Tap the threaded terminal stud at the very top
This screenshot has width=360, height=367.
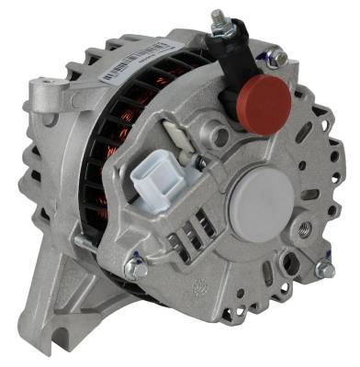219,17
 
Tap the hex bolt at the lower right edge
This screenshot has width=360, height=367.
325,270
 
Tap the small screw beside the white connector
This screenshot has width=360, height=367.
199,162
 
